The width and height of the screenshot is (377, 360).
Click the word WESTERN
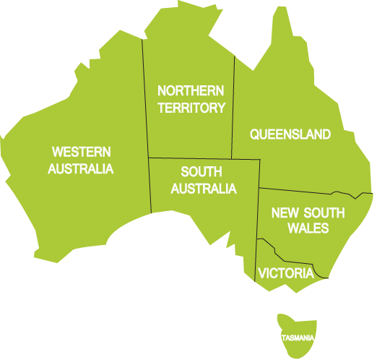tap(81, 152)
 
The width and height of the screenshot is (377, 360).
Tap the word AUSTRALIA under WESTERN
tap(81, 169)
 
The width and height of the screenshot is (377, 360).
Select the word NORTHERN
tap(191, 91)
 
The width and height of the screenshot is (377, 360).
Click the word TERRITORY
tap(191, 108)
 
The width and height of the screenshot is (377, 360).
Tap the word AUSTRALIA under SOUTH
tap(204, 189)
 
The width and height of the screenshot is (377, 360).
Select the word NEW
tap(284, 213)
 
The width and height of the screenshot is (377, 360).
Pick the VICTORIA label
tap(286, 273)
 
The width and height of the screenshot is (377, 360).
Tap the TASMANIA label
tap(298, 338)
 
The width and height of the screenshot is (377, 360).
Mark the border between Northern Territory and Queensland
tap(234, 108)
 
